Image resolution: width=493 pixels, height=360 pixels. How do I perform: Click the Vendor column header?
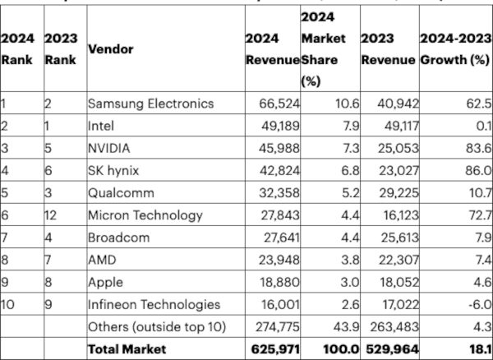pyautogui.click(x=110, y=49)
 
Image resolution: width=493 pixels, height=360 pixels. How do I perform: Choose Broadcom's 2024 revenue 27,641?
pyautogui.click(x=279, y=238)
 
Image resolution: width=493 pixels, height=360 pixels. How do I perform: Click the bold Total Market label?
pyautogui.click(x=127, y=349)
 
